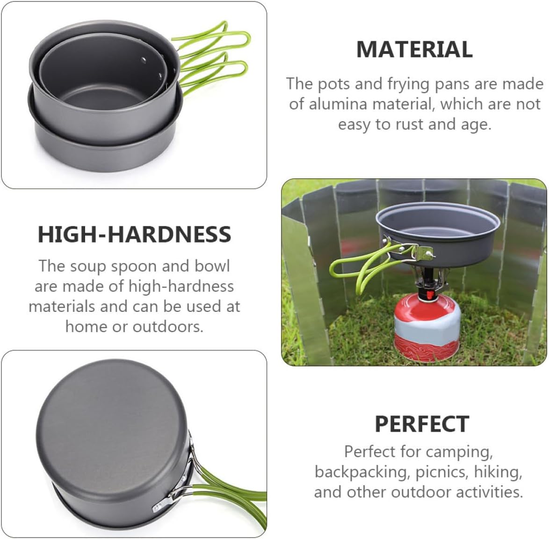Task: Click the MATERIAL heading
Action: click(x=414, y=50)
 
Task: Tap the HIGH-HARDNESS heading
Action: click(x=134, y=234)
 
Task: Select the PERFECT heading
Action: click(x=421, y=424)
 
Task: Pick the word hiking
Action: click(x=498, y=472)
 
